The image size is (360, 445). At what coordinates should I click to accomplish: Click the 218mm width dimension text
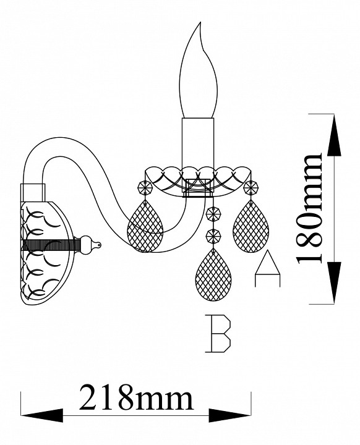[x=136, y=396]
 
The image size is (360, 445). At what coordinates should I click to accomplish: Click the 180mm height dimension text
[x=309, y=209]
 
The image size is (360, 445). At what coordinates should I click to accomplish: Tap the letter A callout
[x=267, y=268]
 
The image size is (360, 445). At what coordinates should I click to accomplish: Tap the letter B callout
[x=218, y=334]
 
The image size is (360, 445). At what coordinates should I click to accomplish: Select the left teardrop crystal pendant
[x=145, y=226]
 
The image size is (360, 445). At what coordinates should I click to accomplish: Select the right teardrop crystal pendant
[x=251, y=226]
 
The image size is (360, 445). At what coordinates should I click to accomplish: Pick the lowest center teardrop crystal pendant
[x=213, y=274]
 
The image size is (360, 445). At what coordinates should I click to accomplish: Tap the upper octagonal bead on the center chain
[x=213, y=213]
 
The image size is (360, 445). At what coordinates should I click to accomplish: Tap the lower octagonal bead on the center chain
[x=213, y=235]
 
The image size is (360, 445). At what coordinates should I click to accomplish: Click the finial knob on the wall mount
[x=90, y=245]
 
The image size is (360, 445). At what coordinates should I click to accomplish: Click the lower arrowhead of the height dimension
[x=334, y=283]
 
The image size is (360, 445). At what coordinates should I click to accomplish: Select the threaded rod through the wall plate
[x=51, y=245]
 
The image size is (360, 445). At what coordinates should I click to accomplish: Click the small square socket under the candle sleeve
[x=198, y=187]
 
